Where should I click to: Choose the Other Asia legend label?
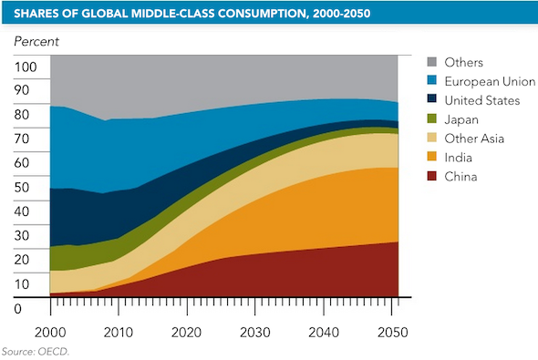tap(474, 139)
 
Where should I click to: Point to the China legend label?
tap(462, 177)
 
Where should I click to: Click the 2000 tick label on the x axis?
tap(50, 332)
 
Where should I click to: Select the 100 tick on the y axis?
tap(26, 67)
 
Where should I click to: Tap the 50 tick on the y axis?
tap(22, 188)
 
